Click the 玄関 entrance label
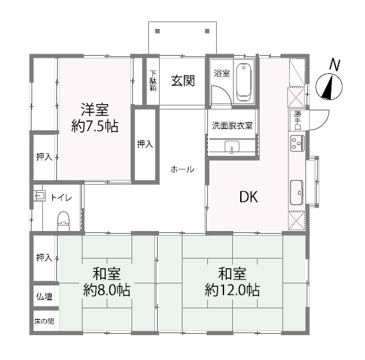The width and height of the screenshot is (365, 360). [182, 81]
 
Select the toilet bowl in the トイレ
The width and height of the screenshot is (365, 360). [63, 221]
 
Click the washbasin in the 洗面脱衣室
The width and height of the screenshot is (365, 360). [232, 147]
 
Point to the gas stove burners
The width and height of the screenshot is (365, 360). [297, 143]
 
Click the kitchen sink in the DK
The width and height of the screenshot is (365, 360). [297, 193]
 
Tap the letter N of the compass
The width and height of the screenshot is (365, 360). [335, 65]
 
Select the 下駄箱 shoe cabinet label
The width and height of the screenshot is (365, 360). [153, 81]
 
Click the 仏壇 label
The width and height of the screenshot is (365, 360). [44, 296]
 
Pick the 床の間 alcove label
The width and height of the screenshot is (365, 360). [44, 322]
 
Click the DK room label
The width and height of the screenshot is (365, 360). [249, 197]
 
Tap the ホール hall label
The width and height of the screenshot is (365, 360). [182, 169]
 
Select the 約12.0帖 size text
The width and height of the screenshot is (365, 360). [232, 290]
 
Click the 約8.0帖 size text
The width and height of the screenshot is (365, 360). [107, 290]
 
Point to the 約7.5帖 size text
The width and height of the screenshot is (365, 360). [95, 126]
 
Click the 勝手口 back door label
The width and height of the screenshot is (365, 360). [298, 120]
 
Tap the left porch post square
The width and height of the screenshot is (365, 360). [158, 31]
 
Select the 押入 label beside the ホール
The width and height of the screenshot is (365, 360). [145, 144]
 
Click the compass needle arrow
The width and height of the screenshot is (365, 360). [327, 87]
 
